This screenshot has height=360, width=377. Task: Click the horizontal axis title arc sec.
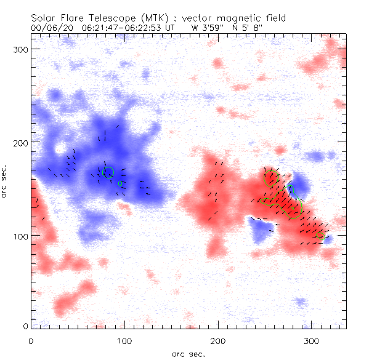pyautogui.click(x=188, y=353)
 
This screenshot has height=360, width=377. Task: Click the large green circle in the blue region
pyautogui.click(x=108, y=172)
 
